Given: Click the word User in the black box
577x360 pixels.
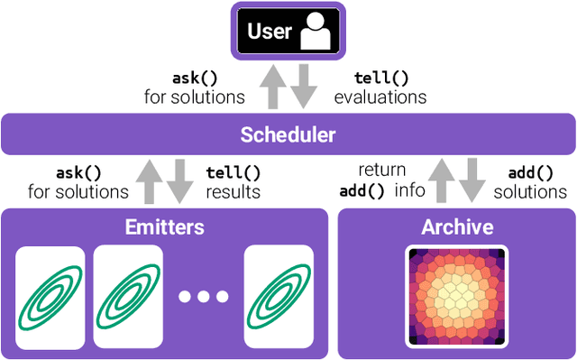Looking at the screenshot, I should click(x=270, y=32).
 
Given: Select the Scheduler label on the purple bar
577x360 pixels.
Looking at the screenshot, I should click(x=288, y=135).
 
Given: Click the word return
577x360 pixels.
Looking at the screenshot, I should click(x=382, y=170).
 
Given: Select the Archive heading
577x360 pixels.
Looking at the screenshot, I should click(x=457, y=226).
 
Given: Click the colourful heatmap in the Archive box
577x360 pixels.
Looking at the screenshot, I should click(x=457, y=290).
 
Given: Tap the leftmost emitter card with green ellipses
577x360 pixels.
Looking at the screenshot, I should click(x=50, y=295).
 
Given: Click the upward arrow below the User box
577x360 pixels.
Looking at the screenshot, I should click(x=274, y=88).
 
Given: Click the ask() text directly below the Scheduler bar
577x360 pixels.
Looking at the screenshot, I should click(x=78, y=171).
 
